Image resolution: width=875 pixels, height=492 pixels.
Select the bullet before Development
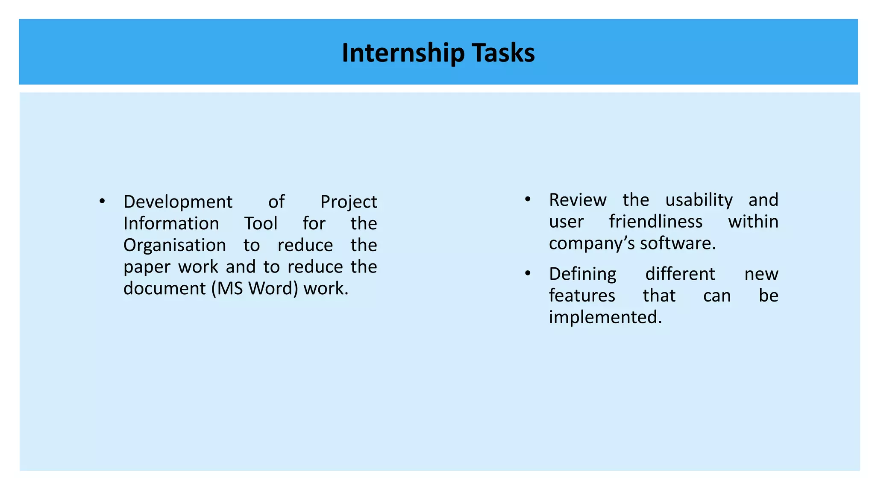coord(102,201)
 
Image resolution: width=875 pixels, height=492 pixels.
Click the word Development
coord(178,202)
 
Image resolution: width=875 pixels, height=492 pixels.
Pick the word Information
coord(171,223)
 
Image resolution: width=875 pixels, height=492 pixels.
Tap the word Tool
coord(261,223)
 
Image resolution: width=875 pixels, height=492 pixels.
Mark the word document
coord(164,289)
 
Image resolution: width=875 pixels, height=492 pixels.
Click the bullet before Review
coord(528,199)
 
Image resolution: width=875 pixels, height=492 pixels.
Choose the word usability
coord(699,200)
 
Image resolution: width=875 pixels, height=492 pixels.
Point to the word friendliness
coord(655,222)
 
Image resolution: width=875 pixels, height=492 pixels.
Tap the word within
coord(753,222)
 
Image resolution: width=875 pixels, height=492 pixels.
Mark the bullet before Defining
coord(528,273)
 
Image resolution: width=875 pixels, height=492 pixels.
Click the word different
coord(680,274)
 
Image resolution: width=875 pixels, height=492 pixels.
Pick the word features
coord(582,296)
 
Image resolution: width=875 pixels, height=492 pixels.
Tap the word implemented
coord(605,317)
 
